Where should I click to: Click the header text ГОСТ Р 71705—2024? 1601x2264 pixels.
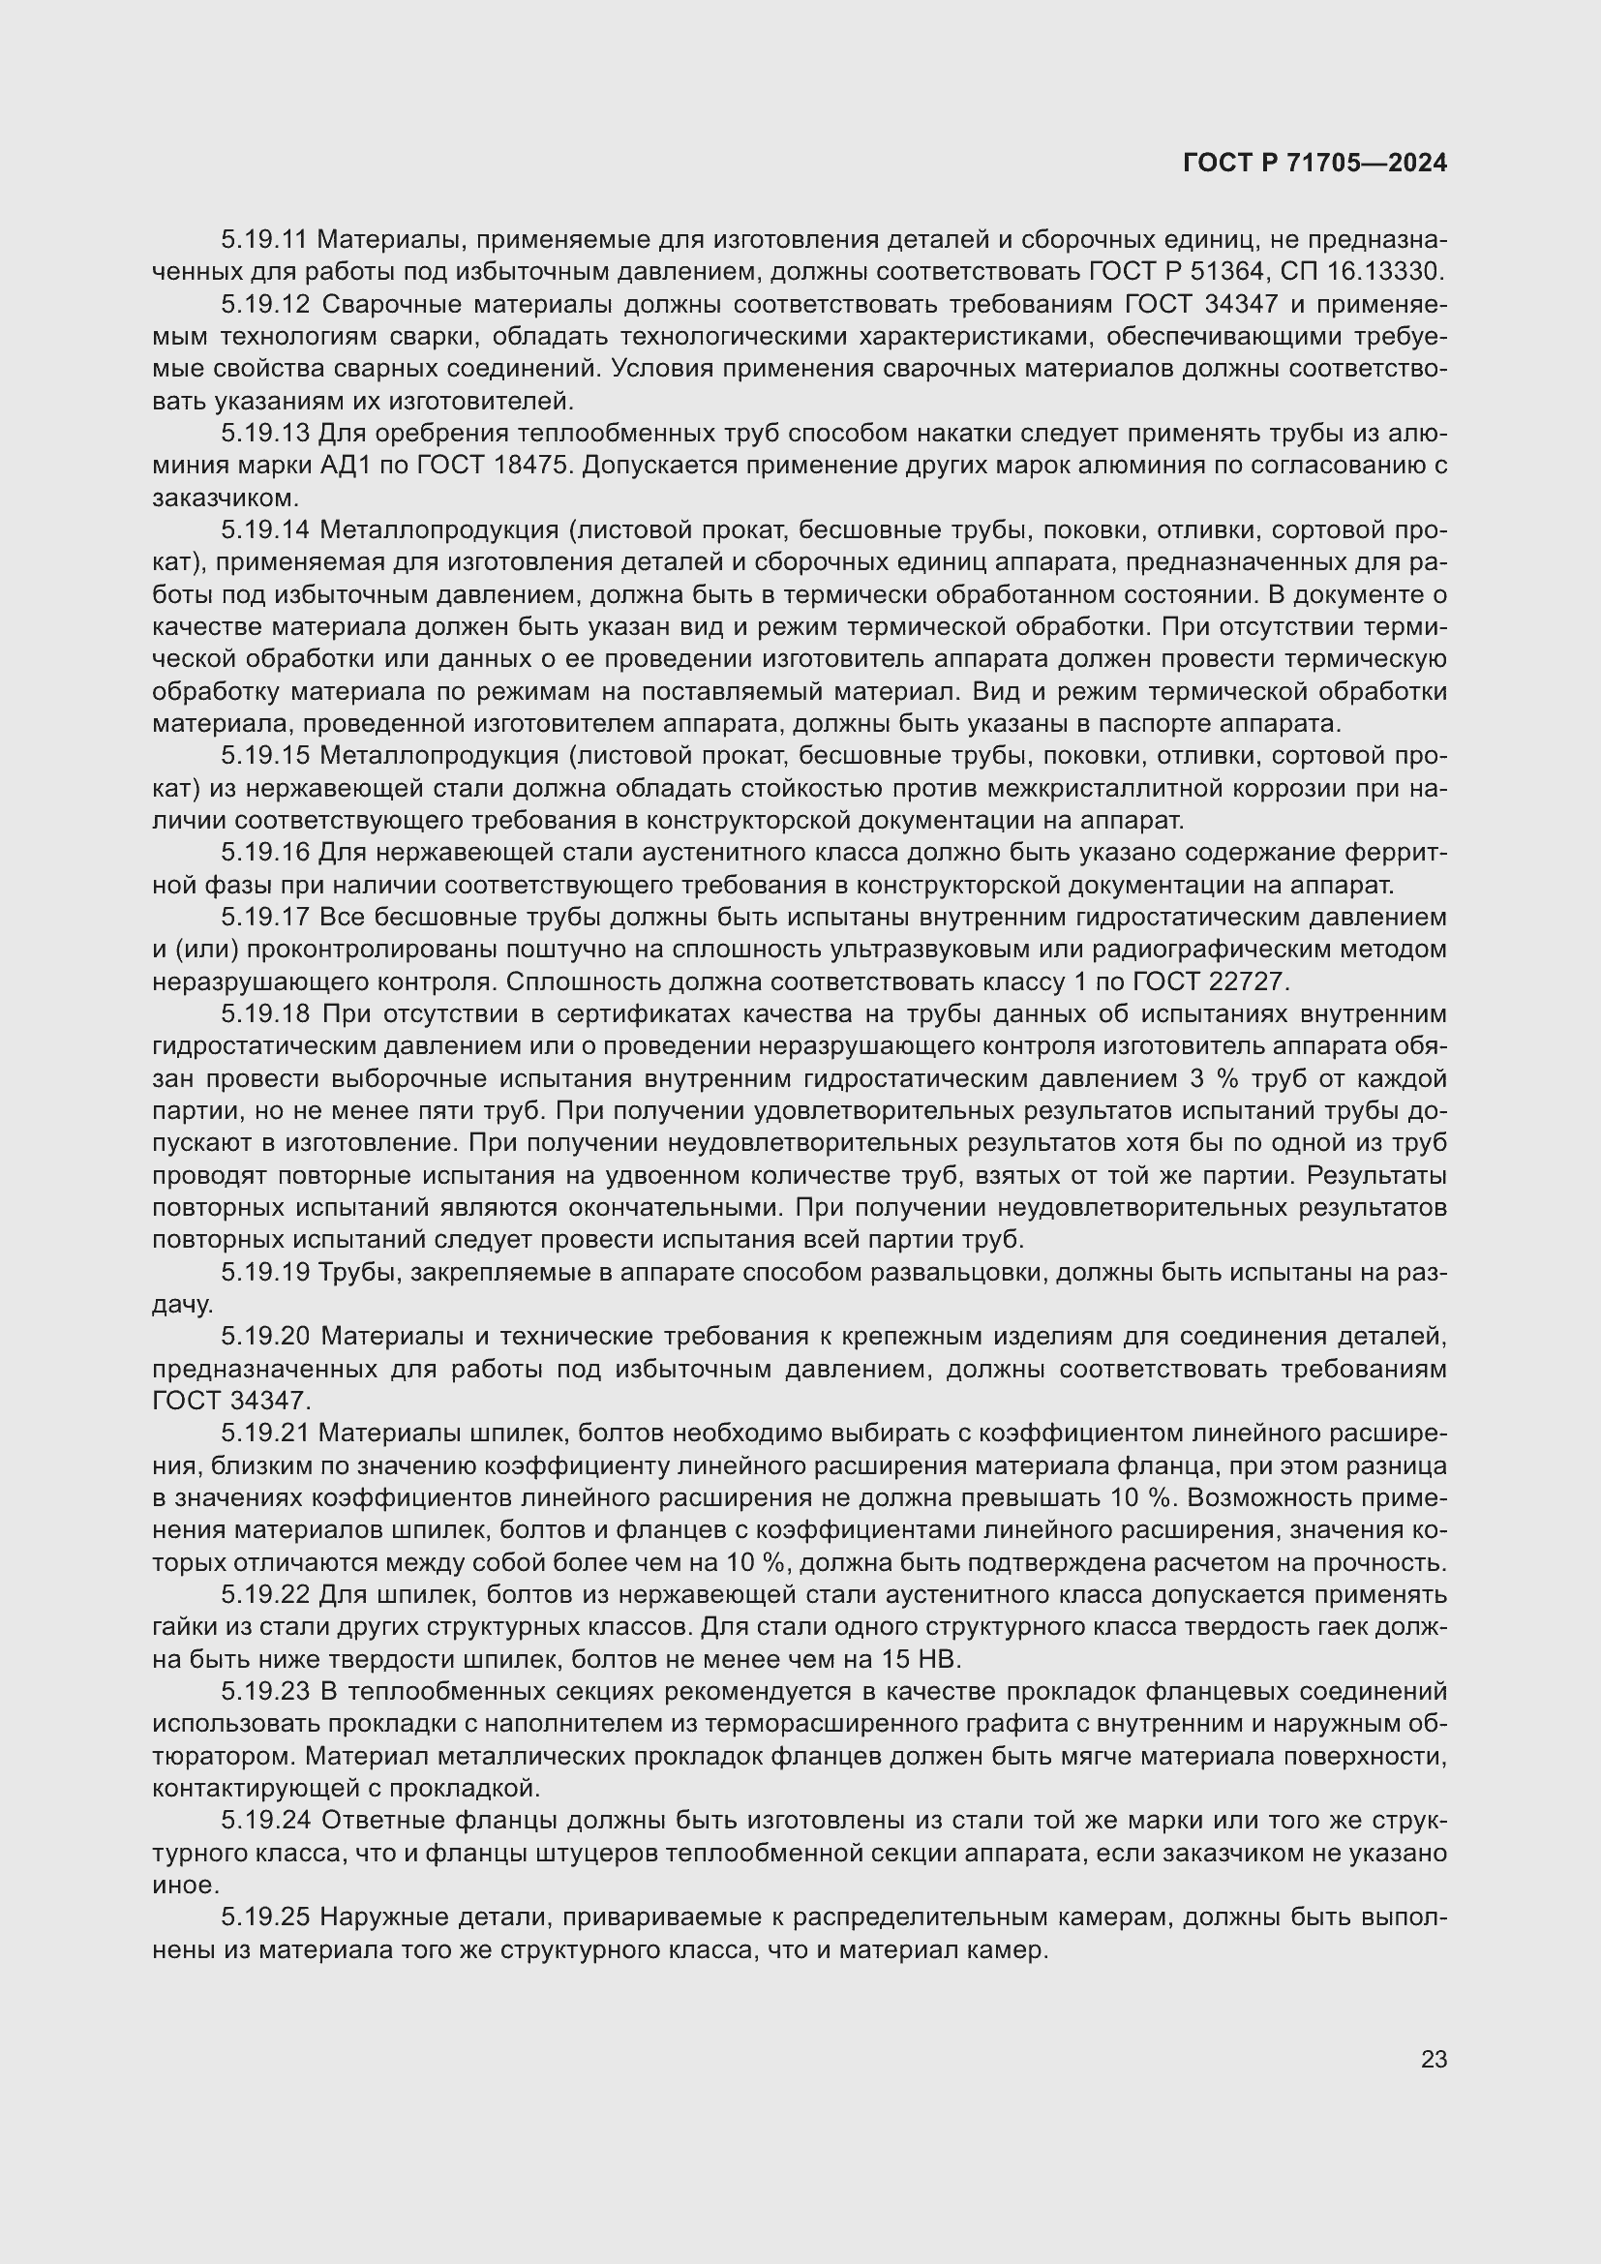pos(1314,163)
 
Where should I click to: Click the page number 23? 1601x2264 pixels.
pos(1434,2059)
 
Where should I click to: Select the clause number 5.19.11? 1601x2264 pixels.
pos(264,240)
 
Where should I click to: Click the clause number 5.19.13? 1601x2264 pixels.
pos(264,433)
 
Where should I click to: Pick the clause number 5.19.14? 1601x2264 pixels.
pos(264,530)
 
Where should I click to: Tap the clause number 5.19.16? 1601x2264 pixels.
pos(264,853)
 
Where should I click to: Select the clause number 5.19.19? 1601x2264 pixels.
pos(264,1273)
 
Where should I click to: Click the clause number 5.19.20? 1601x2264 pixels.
pos(264,1337)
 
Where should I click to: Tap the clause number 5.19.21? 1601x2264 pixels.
pos(264,1433)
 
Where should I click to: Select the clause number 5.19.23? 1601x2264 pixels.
pos(264,1692)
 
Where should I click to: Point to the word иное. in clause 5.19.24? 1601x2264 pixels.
pos(183,1886)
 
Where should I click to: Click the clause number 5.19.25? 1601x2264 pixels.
pos(264,1917)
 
